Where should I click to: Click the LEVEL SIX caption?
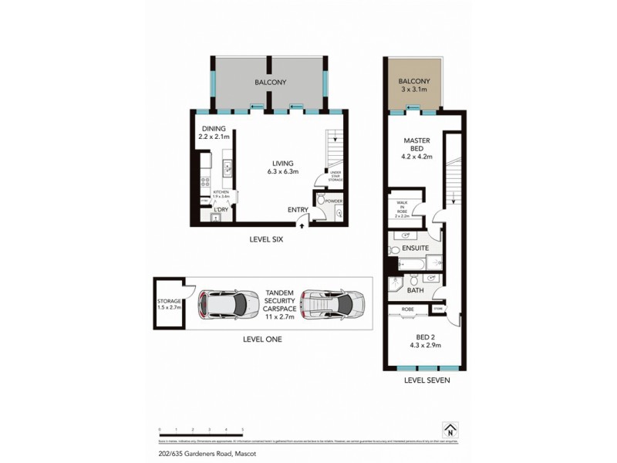point(267,239)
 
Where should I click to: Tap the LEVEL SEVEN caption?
point(427,380)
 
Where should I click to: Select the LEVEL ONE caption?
point(262,339)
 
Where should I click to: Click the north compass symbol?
point(449,430)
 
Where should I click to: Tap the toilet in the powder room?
point(338,214)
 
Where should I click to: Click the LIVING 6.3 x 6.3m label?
point(282,167)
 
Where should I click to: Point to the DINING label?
point(214,130)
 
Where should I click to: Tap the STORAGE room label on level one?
point(168,301)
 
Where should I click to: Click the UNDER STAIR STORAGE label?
point(335,176)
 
